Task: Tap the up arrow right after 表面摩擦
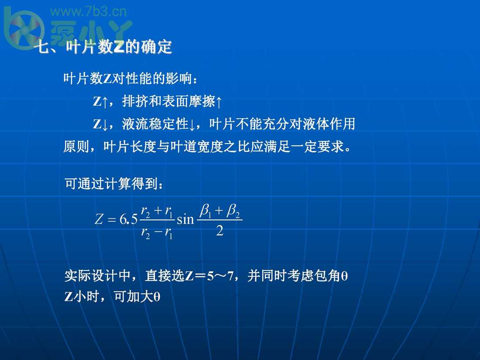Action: (219, 102)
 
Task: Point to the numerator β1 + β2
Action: (219, 212)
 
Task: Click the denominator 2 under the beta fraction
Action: (219, 231)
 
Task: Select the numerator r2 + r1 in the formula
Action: (158, 212)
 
